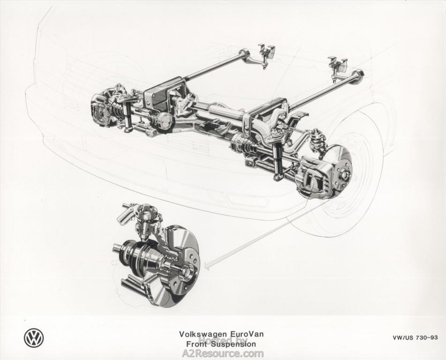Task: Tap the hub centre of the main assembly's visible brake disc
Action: pos(342,173)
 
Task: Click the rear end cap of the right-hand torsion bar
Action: pos(358,76)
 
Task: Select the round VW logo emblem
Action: pos(34,338)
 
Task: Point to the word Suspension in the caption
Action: pos(234,344)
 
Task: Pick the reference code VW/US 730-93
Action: pos(415,338)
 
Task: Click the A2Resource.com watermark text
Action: pos(223,354)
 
